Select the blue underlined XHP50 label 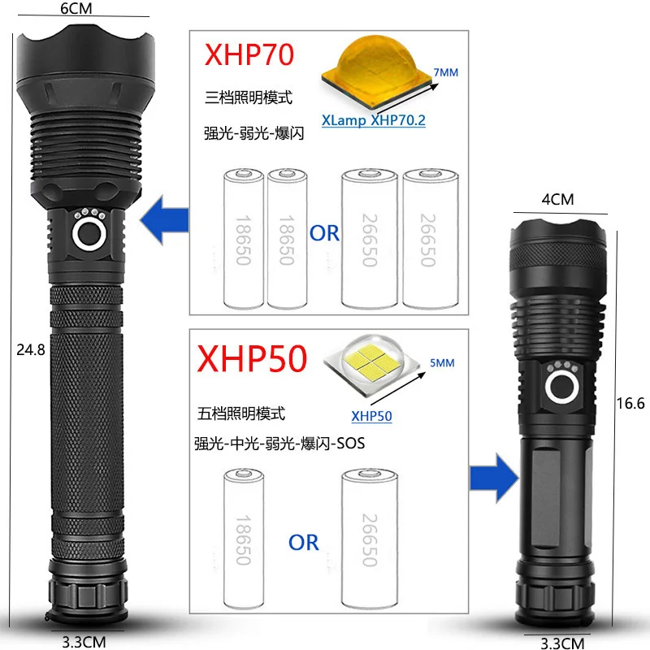pos(371,417)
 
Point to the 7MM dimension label pos(446,73)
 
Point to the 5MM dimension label pos(442,363)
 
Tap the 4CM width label pos(557,199)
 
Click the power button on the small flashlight pos(561,388)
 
